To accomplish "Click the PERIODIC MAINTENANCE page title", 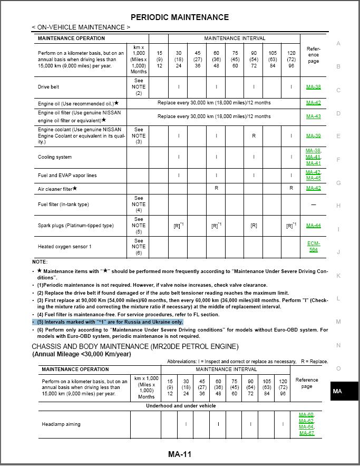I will pos(179,17).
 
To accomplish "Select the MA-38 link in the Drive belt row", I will pos(313,87).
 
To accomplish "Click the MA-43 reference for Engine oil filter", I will pos(313,116).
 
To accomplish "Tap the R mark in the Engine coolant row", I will pos(254,135).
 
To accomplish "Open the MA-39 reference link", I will pos(313,135).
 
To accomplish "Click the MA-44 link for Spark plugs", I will pos(313,226).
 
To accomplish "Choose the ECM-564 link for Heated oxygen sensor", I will pos(313,247).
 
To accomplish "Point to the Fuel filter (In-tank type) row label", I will pos(63,205).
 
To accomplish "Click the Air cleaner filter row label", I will pos(57,189).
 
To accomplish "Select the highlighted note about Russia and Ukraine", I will pos(110,322).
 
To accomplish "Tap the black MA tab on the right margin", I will pos(337,391).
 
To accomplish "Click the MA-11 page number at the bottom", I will pos(179,454).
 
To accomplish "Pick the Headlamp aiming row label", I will pos(61,424).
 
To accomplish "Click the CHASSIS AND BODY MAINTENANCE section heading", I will pos(135,346).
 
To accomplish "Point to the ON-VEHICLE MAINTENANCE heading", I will pos(81,27).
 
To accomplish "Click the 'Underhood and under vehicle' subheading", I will pos(181,406).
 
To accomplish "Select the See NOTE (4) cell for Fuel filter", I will pos(139,205).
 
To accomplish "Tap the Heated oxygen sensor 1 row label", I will pos(64,247).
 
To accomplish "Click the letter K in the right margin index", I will pos(338,276).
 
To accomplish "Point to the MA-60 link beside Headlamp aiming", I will pos(306,415).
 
